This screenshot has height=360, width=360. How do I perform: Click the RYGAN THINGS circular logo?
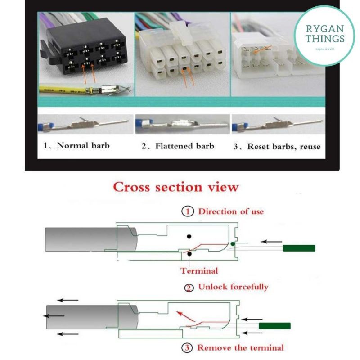(x=324, y=36)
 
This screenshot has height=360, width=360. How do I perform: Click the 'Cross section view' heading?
(x=175, y=187)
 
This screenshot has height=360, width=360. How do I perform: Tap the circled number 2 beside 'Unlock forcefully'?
(x=189, y=288)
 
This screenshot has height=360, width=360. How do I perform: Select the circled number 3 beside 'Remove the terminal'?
(x=188, y=347)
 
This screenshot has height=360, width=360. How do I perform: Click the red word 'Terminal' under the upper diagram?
(x=199, y=270)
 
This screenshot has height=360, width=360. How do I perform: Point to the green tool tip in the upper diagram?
(x=299, y=248)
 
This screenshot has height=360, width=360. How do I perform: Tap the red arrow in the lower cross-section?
(x=182, y=315)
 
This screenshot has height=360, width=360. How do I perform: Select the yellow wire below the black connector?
(x=63, y=90)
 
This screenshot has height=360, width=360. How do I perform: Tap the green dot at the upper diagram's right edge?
(x=232, y=244)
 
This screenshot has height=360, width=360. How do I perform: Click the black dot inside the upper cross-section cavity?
(x=189, y=236)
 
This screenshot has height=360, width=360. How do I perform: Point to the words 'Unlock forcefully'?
(x=233, y=287)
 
